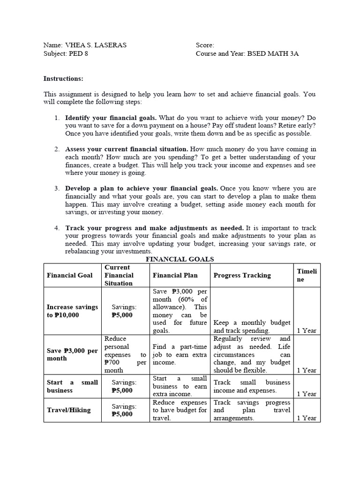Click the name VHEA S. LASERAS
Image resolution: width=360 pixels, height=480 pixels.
coord(95,45)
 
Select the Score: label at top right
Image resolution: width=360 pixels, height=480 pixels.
coord(205,45)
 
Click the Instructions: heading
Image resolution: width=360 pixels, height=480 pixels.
coord(63,79)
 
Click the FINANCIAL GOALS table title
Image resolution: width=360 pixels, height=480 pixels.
coord(180,259)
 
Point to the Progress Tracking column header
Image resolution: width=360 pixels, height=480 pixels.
coord(242,275)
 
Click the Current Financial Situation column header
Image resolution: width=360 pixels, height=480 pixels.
coord(119,275)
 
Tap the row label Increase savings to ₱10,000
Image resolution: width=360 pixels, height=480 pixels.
coord(72,311)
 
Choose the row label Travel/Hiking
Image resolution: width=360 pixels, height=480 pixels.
coord(68,410)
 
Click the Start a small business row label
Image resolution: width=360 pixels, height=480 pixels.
coord(72,386)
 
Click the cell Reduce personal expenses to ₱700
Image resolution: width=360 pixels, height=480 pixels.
coord(125,354)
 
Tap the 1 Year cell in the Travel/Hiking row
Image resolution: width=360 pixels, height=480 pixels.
coord(307,418)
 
